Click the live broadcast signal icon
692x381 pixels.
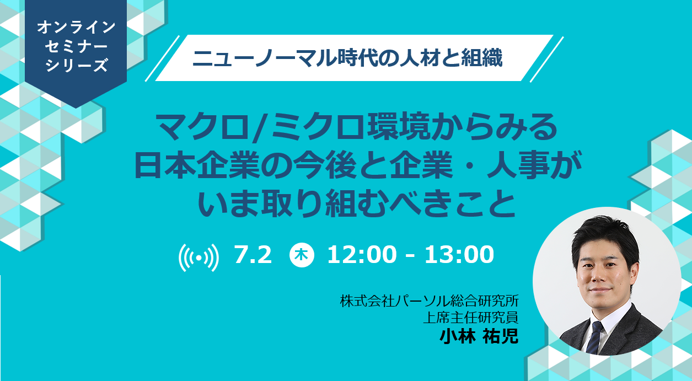click(199, 257)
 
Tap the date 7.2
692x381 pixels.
click(253, 255)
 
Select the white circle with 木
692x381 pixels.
click(302, 255)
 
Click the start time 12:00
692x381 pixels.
click(362, 255)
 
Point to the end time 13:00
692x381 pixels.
click(459, 255)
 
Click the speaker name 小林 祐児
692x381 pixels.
click(479, 336)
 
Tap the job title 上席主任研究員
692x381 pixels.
click(471, 318)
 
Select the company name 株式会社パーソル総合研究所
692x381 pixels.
click(430, 301)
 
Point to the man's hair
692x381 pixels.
click(604, 238)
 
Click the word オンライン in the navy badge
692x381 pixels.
click(76, 28)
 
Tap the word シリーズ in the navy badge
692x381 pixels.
click(76, 65)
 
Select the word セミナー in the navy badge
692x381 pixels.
click(76, 46)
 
